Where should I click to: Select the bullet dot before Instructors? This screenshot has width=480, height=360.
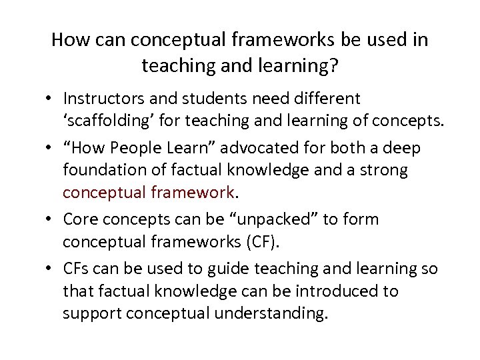click(x=50, y=99)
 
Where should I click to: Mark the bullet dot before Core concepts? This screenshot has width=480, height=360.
click(x=50, y=220)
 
